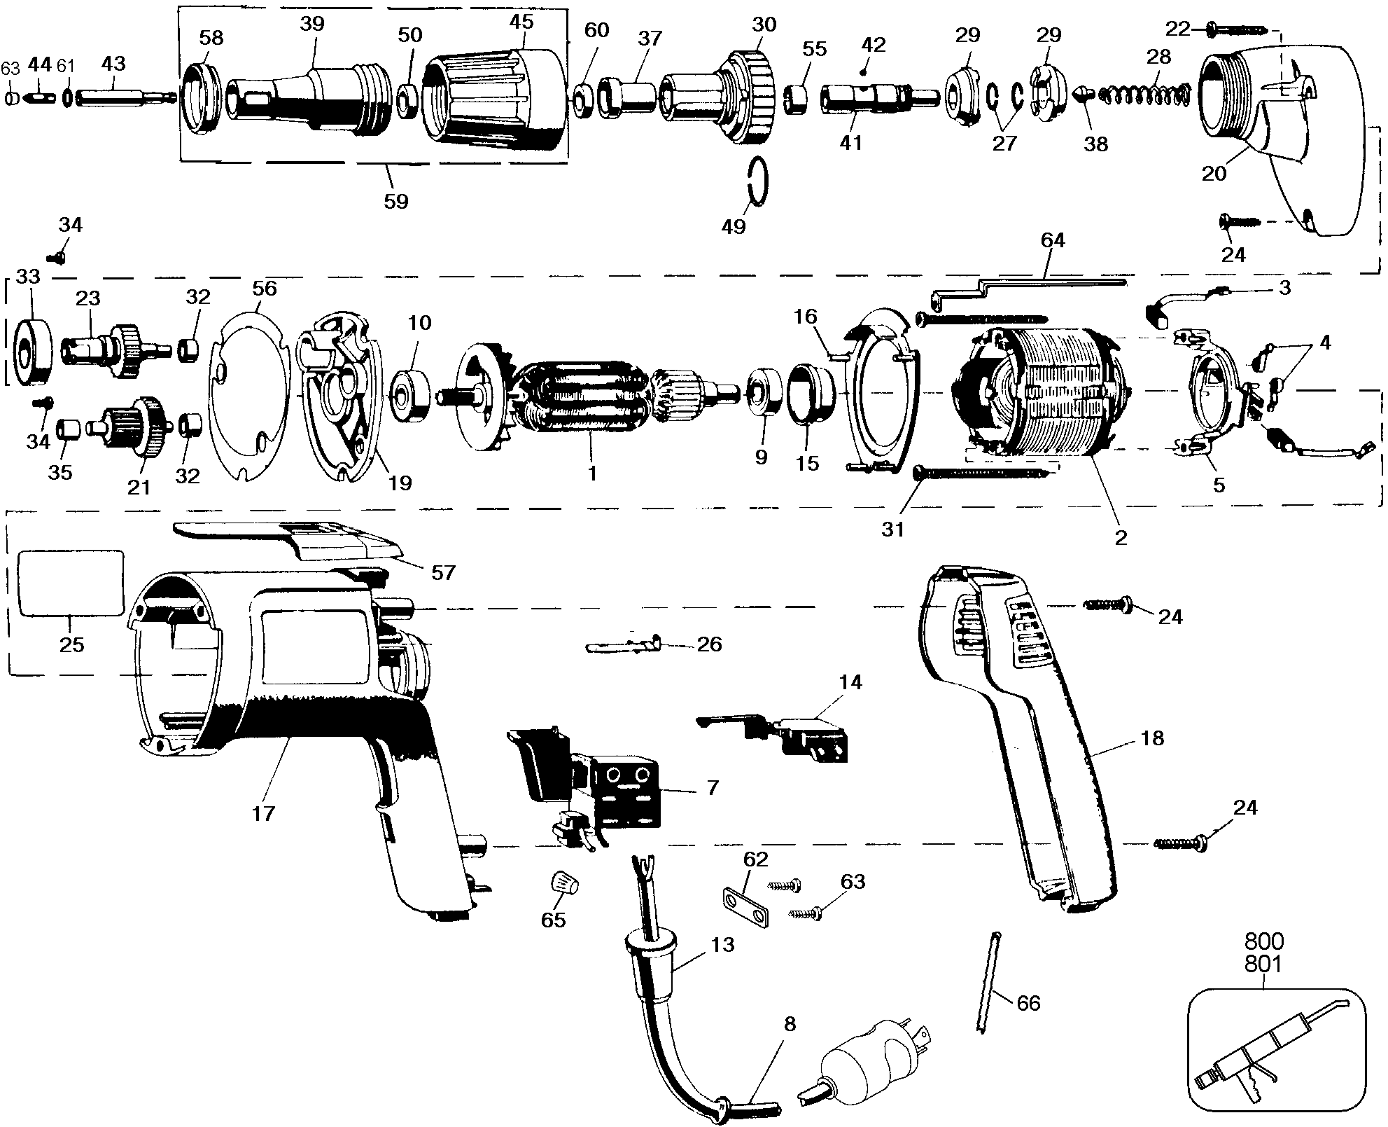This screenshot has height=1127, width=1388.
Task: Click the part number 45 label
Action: pyautogui.click(x=521, y=21)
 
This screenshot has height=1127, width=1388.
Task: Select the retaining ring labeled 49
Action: pyautogui.click(x=756, y=181)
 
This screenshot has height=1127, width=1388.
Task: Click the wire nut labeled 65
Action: pyautogui.click(x=563, y=883)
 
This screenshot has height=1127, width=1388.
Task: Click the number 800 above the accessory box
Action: pyautogui.click(x=1264, y=941)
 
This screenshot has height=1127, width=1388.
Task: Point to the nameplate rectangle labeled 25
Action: pyautogui.click(x=70, y=583)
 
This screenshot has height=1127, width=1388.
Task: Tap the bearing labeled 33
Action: pyautogui.click(x=34, y=352)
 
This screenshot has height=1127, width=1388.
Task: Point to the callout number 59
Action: pyautogui.click(x=395, y=201)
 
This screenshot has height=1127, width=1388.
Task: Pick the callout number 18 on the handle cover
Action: pyautogui.click(x=1152, y=738)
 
